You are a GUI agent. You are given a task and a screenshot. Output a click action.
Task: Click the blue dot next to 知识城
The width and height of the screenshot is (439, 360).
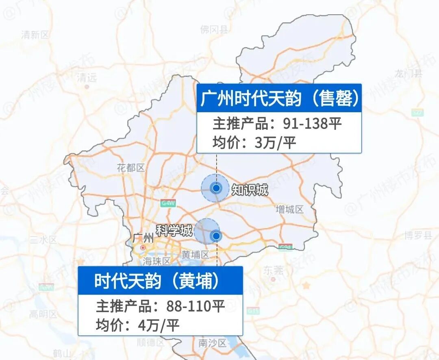click(216, 188)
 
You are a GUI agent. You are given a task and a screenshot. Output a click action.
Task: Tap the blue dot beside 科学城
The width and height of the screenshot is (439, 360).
click(216, 236)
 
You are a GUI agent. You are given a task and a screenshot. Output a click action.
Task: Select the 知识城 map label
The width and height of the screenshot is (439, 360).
click(250, 190)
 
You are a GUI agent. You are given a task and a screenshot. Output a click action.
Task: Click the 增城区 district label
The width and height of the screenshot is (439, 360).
click(289, 210)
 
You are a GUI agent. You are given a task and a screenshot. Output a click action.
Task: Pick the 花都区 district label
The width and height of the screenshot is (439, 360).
click(130, 168)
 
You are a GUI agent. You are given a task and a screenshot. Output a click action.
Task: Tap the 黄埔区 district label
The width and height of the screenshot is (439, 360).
click(195, 255)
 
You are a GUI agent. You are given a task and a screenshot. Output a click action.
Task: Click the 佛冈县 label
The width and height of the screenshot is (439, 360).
click(214, 29)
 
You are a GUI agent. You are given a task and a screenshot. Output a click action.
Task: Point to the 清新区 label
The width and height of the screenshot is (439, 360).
click(35, 35)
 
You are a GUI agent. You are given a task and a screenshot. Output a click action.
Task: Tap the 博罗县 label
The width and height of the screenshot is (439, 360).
click(418, 236)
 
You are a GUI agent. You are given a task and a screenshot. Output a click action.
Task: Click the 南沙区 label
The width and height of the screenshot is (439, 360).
click(212, 343)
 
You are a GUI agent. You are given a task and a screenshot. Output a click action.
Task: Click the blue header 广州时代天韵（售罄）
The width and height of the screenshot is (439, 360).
click(279, 98)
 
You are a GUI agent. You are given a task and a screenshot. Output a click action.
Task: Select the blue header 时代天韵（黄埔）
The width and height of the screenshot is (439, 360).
click(160, 281)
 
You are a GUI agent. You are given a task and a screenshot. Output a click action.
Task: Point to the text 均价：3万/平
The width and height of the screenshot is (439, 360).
click(254, 142)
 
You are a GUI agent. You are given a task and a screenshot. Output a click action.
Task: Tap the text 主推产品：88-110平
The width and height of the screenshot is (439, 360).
click(160, 306)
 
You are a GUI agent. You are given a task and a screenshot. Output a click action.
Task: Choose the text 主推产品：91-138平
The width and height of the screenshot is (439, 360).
click(276, 124)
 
